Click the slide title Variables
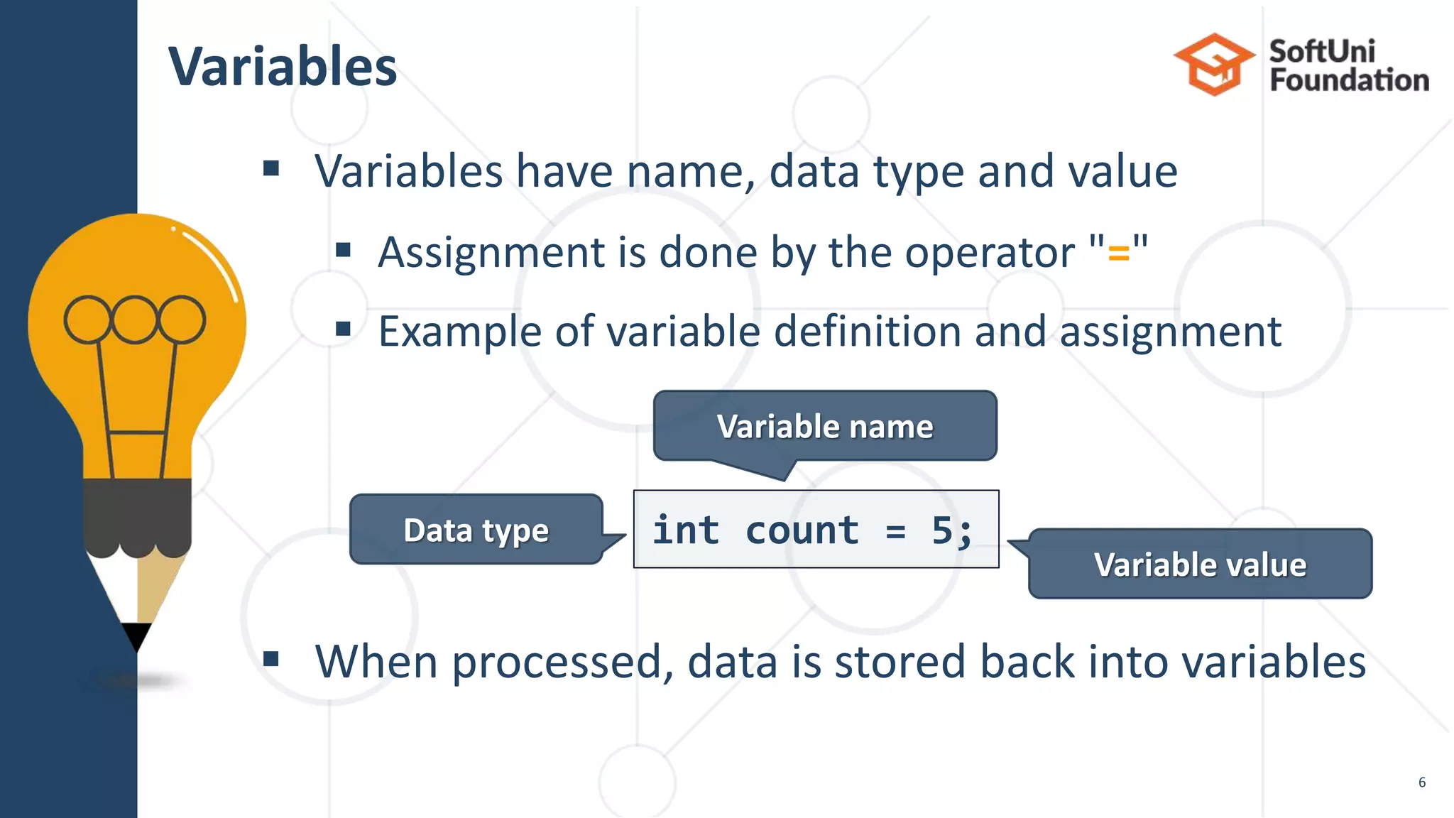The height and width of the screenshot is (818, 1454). point(283,67)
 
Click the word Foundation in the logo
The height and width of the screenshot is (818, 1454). point(1349,80)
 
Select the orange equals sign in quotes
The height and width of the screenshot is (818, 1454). point(1118,253)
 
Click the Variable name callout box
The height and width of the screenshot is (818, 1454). point(825,426)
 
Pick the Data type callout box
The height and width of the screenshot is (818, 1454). point(476,530)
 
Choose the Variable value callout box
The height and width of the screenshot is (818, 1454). point(1200,565)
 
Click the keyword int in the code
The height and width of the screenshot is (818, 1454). point(686,530)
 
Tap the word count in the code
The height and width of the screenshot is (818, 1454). point(802,530)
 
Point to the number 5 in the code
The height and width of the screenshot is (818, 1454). point(942,530)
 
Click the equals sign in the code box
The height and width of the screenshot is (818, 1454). point(896,531)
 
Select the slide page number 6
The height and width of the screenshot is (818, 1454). point(1421,782)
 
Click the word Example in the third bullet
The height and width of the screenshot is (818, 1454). point(461,332)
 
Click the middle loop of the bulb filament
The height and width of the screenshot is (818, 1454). point(134,320)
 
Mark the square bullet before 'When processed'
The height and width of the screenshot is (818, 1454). point(270,659)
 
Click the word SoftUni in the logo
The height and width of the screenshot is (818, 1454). point(1321,51)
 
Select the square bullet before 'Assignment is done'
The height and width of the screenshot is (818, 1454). point(344,249)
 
